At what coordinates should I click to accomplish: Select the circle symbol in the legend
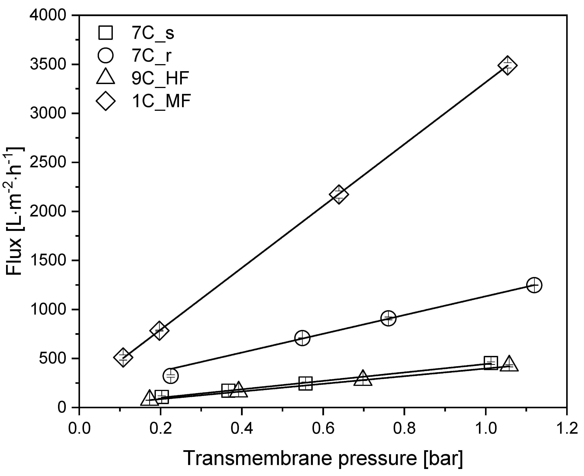click(105, 55)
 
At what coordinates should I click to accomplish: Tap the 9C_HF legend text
click(160, 78)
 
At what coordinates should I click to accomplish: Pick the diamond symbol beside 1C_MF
click(105, 101)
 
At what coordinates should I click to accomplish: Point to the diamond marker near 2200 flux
click(339, 194)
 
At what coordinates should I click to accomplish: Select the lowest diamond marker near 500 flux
click(123, 357)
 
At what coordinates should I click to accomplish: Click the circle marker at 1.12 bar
click(534, 285)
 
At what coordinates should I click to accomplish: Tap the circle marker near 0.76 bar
click(388, 318)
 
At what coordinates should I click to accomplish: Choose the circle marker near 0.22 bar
click(171, 376)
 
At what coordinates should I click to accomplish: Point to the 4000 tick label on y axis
click(48, 16)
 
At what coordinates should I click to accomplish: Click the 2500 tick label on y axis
click(48, 163)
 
